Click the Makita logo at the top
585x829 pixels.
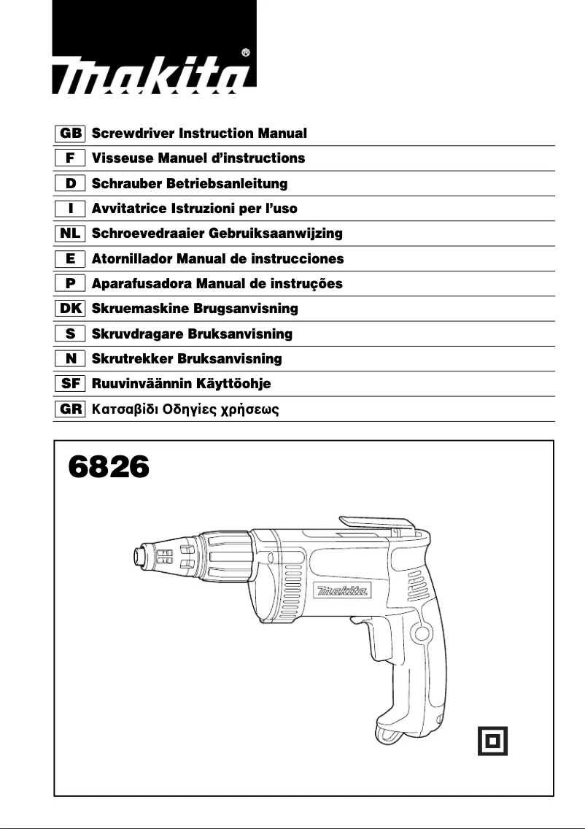(x=155, y=75)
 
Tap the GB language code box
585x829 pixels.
(x=71, y=134)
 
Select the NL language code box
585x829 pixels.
(x=71, y=234)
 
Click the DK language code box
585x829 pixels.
(x=71, y=309)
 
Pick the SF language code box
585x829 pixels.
(x=71, y=383)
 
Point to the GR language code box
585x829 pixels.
(x=71, y=409)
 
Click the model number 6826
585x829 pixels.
(x=109, y=467)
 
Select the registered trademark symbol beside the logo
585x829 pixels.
(x=246, y=53)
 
